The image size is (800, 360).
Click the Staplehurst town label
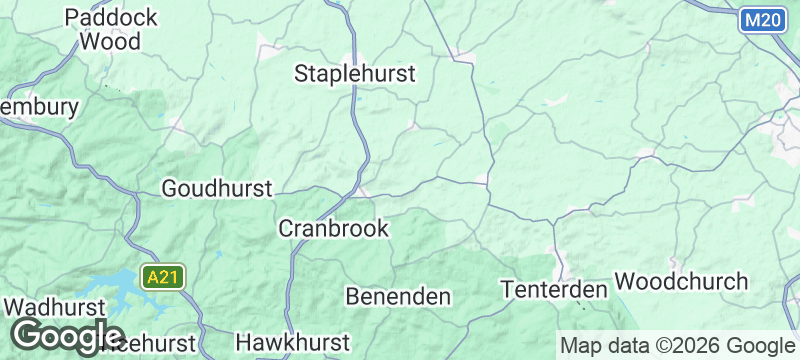coord(354,73)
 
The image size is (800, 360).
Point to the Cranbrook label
coord(332,229)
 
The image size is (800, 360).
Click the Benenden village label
coord(398,296)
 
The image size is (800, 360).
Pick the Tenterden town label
coord(554,289)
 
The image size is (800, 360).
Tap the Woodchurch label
coord(681,280)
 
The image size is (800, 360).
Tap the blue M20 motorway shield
coord(764,20)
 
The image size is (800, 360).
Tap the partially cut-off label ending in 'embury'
coord(38,107)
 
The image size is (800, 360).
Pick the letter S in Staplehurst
coord(302,73)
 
